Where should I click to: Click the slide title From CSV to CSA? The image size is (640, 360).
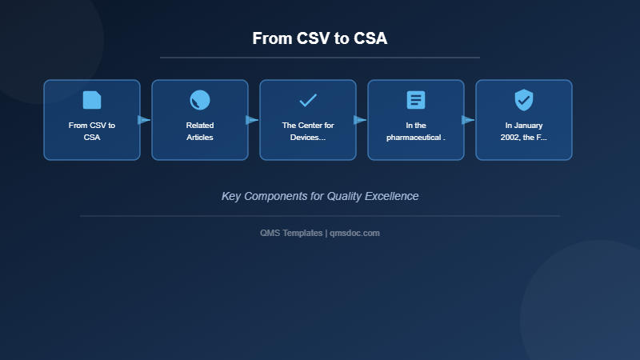[320, 38]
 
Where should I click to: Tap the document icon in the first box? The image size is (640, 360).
[92, 100]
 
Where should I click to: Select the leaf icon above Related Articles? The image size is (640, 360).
[200, 100]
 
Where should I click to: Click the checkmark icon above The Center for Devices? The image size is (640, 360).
[308, 100]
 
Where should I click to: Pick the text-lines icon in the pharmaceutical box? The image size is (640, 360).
[416, 100]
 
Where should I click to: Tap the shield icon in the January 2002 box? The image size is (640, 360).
[524, 100]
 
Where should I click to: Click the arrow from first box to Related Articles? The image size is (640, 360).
[144, 120]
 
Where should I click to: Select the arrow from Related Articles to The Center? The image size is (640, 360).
[252, 120]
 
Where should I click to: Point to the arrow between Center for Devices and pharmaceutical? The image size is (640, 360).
[360, 120]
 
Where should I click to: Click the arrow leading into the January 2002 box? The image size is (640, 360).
[468, 120]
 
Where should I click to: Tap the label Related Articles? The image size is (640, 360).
[200, 131]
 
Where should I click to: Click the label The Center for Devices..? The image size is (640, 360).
[308, 131]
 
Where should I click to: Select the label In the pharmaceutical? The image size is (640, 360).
[416, 131]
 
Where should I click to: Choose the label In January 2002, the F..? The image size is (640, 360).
[524, 131]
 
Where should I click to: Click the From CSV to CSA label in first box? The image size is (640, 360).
[92, 131]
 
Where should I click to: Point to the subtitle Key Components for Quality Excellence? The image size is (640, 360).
[320, 196]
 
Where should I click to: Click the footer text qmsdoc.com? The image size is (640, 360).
[355, 233]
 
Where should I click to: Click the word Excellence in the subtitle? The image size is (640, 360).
[391, 196]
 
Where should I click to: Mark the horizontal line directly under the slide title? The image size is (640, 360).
[320, 58]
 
